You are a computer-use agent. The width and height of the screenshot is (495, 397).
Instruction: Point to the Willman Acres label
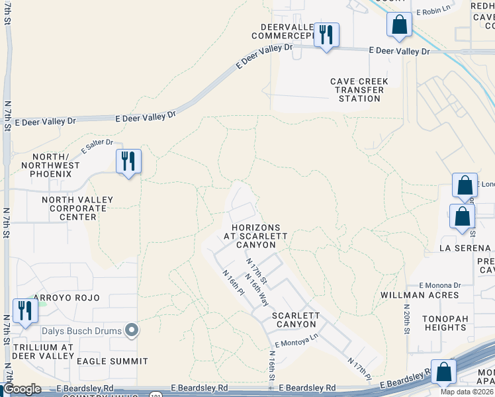click(x=420, y=295)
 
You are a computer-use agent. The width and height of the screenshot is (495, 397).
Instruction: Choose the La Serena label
click(x=465, y=248)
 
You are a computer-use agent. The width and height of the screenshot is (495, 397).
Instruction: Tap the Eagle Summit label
click(x=112, y=361)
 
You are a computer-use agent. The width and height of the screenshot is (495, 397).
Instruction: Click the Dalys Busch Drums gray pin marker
click(x=132, y=330)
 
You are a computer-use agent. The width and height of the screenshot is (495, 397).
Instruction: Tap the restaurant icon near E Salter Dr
click(x=128, y=161)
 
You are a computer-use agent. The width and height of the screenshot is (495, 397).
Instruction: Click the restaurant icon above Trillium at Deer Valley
click(x=26, y=310)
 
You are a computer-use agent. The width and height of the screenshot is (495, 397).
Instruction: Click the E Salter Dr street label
click(x=97, y=144)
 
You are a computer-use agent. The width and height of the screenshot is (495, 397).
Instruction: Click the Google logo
click(x=22, y=389)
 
